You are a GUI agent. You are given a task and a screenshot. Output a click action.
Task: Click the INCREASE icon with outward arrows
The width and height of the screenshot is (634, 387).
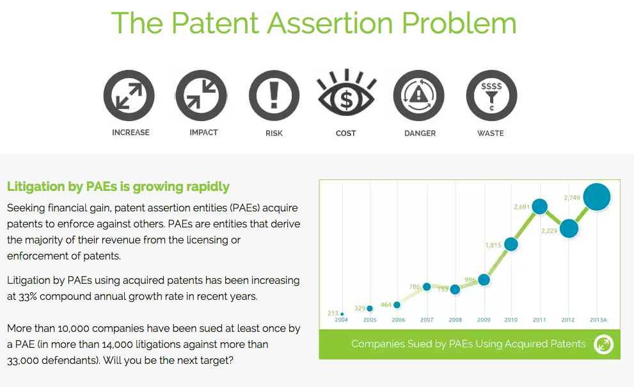point(129,96)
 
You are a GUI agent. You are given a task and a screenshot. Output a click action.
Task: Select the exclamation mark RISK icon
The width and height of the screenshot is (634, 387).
point(274,96)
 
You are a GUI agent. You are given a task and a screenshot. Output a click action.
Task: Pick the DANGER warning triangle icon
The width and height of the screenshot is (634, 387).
point(419,96)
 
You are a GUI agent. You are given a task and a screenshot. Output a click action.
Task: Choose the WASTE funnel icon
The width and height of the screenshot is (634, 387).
point(491,96)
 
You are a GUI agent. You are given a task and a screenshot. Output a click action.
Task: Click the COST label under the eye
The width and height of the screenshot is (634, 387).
point(346,133)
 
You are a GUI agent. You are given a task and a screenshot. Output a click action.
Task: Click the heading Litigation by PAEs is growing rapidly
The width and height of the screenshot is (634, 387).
point(118,187)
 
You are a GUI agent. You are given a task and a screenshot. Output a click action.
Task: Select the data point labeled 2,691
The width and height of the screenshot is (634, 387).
point(539,206)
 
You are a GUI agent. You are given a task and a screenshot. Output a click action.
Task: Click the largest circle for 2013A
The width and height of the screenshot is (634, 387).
point(597,197)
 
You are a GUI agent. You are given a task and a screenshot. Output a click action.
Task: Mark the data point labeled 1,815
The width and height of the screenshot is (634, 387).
point(511,244)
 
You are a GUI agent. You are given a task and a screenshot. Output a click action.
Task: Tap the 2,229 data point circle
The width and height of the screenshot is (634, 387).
point(569,227)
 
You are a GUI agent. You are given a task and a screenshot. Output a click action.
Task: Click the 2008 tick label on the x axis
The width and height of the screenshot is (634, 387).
point(455,320)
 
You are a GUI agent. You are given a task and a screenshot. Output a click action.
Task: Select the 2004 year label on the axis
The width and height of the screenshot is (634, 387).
point(342,320)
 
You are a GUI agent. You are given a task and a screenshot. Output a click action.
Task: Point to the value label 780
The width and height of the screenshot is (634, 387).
point(415,286)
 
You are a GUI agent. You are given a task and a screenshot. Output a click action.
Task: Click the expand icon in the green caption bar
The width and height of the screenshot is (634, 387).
point(603,345)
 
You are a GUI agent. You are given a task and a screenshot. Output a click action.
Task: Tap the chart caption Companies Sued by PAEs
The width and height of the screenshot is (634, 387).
point(468,344)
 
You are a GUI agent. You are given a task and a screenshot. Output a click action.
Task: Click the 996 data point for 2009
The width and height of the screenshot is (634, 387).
point(484,279)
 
